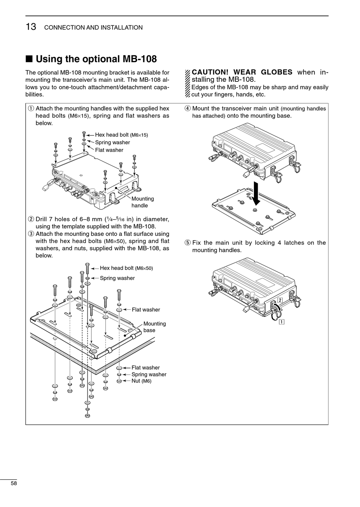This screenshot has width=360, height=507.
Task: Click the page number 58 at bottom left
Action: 14,484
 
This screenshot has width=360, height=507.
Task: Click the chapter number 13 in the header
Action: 31,27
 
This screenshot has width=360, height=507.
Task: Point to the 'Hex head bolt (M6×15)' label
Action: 121,135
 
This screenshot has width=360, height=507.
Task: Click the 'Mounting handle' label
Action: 142,202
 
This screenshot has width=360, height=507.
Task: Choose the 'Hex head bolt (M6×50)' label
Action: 126,268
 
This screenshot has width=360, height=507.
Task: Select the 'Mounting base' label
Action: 154,327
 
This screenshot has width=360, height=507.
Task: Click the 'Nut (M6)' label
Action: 141,381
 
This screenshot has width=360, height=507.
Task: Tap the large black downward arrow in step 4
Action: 257,193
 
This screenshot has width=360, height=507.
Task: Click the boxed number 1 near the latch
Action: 282,322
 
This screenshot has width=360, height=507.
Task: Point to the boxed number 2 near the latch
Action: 280,300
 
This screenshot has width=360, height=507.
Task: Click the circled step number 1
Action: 31,109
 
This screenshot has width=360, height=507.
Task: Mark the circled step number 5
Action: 187,243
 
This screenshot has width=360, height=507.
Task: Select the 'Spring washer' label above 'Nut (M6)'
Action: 149,374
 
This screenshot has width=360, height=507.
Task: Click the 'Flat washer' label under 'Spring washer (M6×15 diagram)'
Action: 109,150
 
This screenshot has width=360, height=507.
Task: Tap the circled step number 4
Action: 187,109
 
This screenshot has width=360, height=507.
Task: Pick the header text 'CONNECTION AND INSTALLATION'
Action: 93,28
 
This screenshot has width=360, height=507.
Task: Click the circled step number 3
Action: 31,234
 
